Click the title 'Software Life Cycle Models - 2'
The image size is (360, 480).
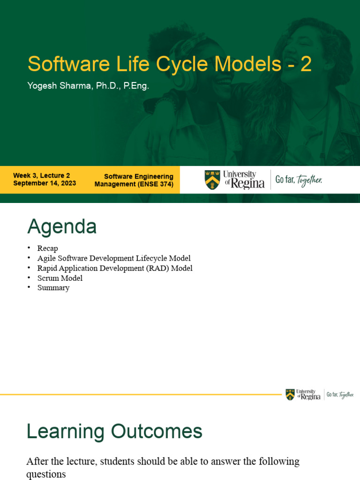point(169,64)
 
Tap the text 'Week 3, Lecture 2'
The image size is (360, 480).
point(42,175)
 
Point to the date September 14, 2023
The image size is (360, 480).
point(45,183)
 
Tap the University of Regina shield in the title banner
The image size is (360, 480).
point(212,180)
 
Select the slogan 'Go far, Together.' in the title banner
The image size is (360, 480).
point(299,180)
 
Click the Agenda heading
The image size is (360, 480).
point(62,227)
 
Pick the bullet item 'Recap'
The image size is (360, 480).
point(48,248)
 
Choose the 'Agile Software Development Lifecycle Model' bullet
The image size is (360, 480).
point(114,258)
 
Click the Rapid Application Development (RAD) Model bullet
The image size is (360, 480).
point(115,268)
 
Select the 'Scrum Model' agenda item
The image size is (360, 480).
point(60,278)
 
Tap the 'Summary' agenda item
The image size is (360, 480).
point(53,288)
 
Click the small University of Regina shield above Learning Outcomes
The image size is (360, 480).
point(290,395)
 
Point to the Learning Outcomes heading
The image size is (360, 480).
point(114,431)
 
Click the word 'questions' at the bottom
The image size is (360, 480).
point(46,474)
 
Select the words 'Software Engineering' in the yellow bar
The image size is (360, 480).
point(139,177)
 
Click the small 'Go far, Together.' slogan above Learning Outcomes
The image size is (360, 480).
point(340,395)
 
